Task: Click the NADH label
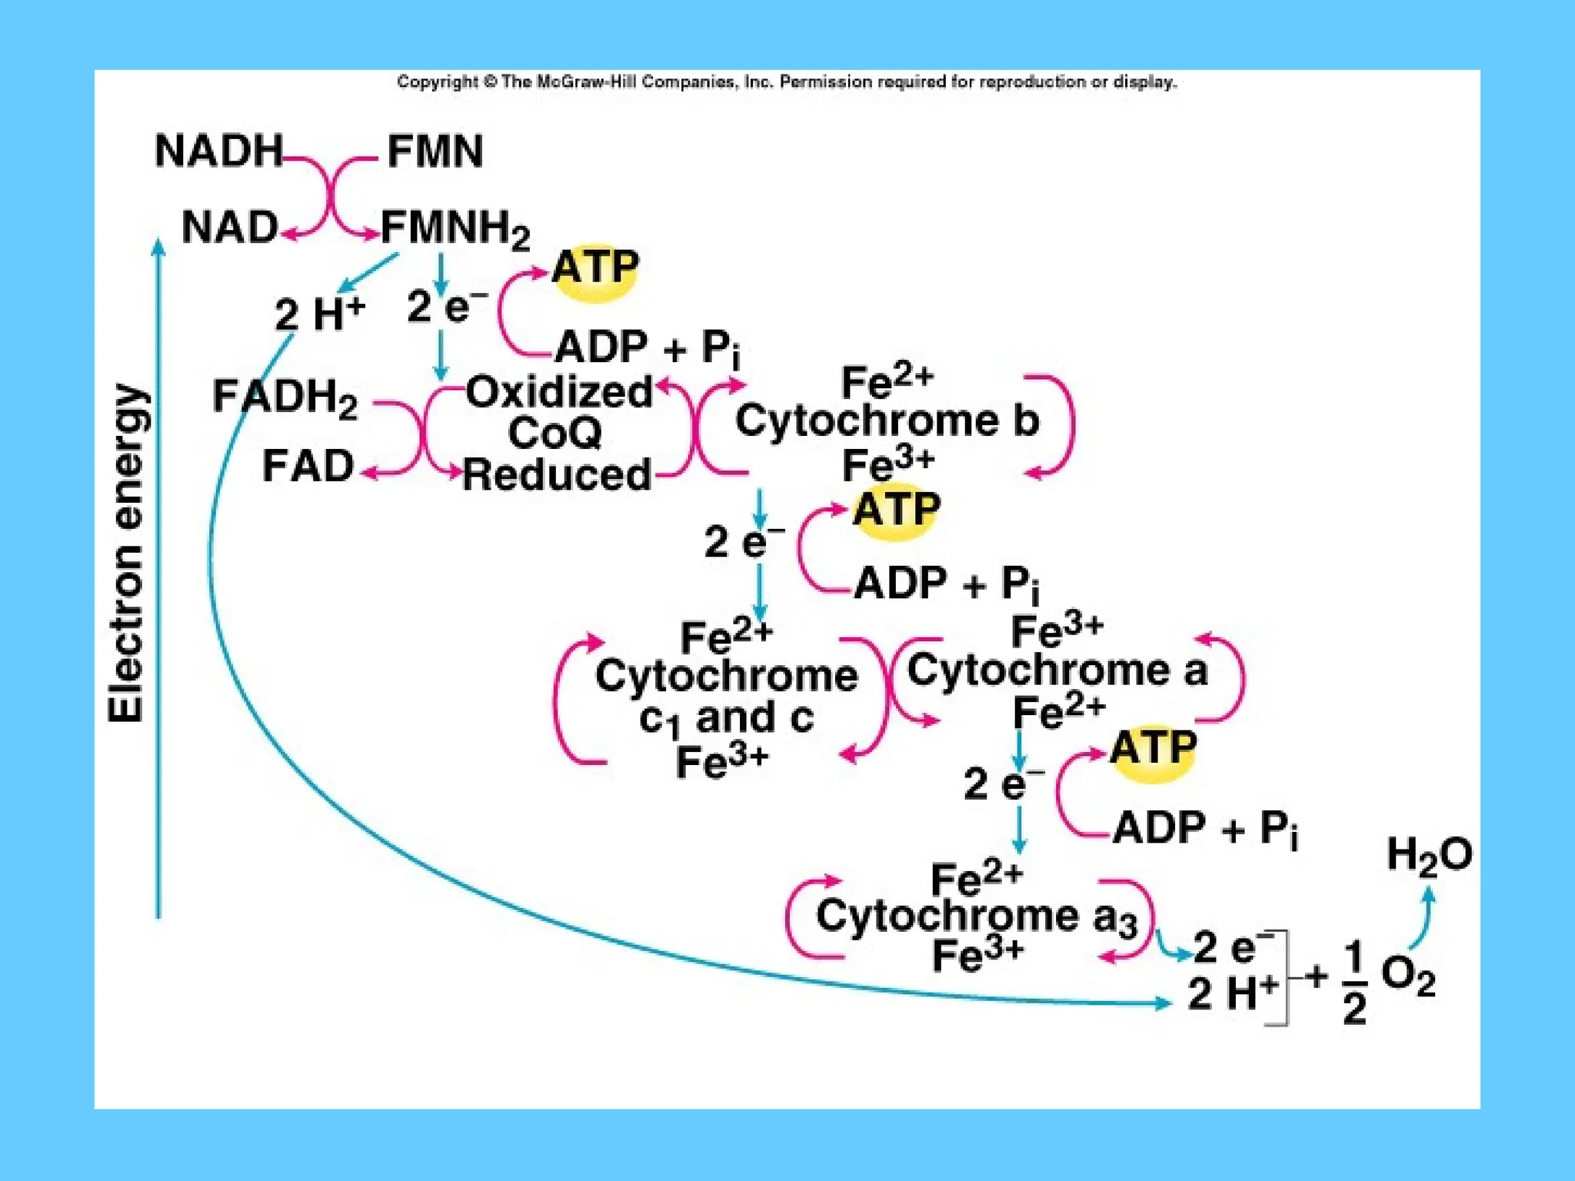pyautogui.click(x=219, y=151)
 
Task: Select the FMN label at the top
pyautogui.click(x=435, y=151)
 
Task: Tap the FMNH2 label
pyautogui.click(x=455, y=228)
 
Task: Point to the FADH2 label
pyautogui.click(x=285, y=398)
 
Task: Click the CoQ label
pyautogui.click(x=554, y=433)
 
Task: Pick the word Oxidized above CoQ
pyautogui.click(x=559, y=392)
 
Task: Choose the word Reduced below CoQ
pyautogui.click(x=558, y=474)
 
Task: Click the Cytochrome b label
pyautogui.click(x=887, y=421)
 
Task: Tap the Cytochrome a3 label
pyautogui.click(x=976, y=917)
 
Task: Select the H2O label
pyautogui.click(x=1429, y=855)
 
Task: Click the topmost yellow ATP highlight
pyautogui.click(x=595, y=269)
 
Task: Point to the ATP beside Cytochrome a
pyautogui.click(x=1153, y=747)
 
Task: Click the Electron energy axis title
pyautogui.click(x=127, y=553)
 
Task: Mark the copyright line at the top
pyautogui.click(x=787, y=82)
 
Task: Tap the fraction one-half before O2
pyautogui.click(x=1354, y=982)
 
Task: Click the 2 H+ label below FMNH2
pyautogui.click(x=319, y=314)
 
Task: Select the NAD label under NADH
pyautogui.click(x=229, y=228)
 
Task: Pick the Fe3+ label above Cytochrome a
pyautogui.click(x=1057, y=631)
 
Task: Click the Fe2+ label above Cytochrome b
pyautogui.click(x=887, y=381)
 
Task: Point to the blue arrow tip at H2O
pyautogui.click(x=1428, y=893)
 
